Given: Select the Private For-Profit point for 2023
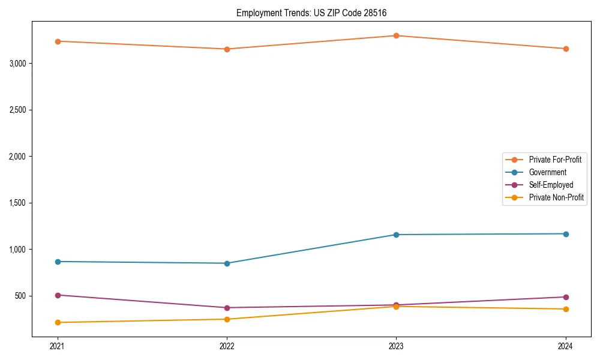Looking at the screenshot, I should pos(396,35).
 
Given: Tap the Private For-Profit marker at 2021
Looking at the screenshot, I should pos(58,41).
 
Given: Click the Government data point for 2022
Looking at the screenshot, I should pos(227,263).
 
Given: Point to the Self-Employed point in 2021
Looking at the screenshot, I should pos(58,295).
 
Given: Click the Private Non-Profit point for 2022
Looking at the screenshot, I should pos(227,319).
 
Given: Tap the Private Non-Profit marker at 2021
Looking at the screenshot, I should pos(58,322).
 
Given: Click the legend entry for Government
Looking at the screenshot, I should pos(547,172).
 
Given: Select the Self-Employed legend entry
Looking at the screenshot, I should pos(551,185).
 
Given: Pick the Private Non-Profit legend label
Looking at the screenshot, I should pos(556,197).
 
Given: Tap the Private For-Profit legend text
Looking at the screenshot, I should pos(555,160).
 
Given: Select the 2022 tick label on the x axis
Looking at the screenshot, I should pos(227,346).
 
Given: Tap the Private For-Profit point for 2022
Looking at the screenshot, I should pos(227,49).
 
